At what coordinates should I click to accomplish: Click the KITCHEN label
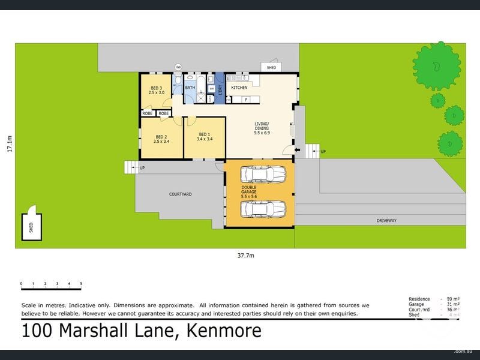[239, 88]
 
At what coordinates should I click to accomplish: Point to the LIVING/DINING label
[262, 127]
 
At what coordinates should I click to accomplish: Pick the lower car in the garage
[263, 209]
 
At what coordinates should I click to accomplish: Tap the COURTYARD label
[180, 194]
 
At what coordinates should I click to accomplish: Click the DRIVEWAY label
[386, 221]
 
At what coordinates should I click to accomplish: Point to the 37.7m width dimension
[247, 256]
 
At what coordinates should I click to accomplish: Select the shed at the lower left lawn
[31, 224]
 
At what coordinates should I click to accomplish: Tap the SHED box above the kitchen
[271, 68]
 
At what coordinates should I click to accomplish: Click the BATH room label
[190, 88]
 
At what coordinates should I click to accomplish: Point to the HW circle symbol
[178, 67]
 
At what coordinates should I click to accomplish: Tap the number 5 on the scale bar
[80, 283]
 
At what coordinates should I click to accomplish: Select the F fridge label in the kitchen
[245, 100]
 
